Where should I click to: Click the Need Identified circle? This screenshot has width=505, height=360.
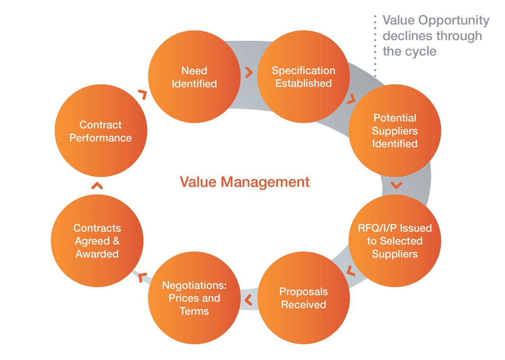tap(194, 77)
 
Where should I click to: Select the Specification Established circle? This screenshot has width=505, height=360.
tap(303, 77)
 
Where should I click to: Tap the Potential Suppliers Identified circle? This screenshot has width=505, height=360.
tap(395, 131)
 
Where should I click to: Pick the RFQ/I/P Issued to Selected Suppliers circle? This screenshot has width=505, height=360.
tap(395, 241)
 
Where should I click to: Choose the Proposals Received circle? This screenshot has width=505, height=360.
tap(303, 298)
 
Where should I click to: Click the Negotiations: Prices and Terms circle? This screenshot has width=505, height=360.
tap(194, 298)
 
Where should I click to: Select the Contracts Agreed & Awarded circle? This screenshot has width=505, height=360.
tap(97, 241)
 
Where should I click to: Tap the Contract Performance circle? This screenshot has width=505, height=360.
tap(101, 131)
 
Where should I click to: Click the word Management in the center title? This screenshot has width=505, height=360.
tap(265, 182)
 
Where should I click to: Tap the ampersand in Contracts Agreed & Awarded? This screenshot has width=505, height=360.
tap(116, 241)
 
